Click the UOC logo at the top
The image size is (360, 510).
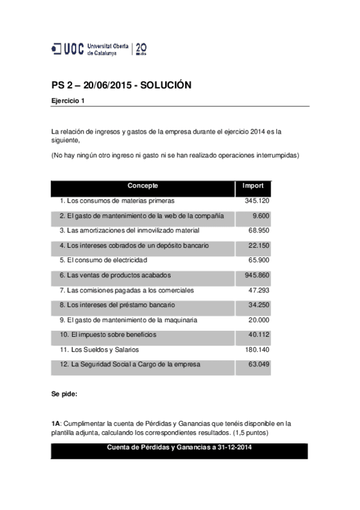pos(99,49)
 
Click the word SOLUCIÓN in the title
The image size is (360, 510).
pos(165,85)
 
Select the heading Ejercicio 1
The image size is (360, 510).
pos(68,100)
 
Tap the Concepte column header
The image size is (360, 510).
pos(142,186)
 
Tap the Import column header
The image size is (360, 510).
pos(252,186)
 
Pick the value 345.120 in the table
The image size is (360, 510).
pos(257,200)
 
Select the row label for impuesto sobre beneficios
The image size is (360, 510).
pos(108,334)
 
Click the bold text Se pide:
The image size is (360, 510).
pos(64,395)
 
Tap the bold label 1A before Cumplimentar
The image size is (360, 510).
pos(56,423)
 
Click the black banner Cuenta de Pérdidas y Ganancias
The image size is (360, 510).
pos(179,447)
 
